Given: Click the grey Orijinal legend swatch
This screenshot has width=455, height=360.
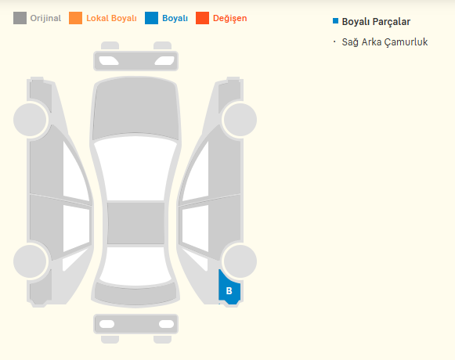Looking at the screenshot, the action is (20, 18).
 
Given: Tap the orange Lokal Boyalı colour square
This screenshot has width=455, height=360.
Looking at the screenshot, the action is (75, 18).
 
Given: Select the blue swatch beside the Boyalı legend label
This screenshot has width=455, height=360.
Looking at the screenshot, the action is (151, 18).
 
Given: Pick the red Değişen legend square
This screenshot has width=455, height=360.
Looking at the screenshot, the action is (202, 18).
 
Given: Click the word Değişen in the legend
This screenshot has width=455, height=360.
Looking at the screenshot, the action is (229, 18).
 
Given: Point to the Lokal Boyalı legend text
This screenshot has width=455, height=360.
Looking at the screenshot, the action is (111, 18).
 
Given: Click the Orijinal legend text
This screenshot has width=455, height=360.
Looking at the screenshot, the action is (45, 18).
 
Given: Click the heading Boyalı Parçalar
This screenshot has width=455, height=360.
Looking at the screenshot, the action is (376, 22).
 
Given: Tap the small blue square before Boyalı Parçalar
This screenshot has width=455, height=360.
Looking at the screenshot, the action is (335, 21).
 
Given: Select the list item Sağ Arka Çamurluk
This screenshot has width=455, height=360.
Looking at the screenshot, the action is (385, 42).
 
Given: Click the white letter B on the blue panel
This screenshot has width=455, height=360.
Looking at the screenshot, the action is (229, 290).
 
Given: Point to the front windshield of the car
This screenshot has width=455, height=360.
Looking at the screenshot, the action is (135, 168).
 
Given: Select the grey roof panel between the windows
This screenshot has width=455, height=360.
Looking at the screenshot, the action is (135, 223).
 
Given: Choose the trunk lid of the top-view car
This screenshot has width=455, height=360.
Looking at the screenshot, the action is (135, 293).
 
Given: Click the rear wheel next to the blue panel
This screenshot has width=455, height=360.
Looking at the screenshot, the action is (240, 261).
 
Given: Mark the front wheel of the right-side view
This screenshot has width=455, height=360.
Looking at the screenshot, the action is (240, 119).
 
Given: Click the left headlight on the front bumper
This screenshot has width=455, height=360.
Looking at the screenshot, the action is (109, 60).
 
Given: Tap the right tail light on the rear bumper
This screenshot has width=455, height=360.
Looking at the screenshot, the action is (166, 324).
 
